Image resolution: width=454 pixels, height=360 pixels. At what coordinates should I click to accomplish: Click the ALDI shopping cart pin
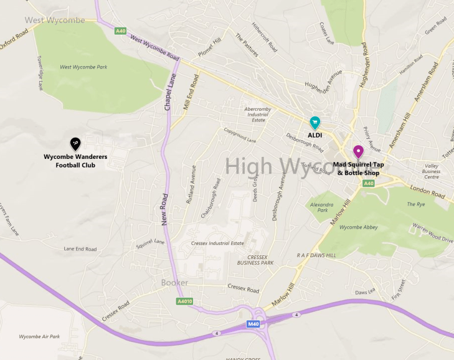[x=315, y=122]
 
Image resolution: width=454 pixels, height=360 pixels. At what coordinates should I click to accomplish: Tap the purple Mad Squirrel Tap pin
[x=358, y=151]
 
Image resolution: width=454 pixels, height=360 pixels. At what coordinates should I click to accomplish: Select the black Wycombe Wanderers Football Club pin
[x=75, y=144]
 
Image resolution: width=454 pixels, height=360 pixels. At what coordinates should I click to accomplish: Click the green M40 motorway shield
[x=253, y=324]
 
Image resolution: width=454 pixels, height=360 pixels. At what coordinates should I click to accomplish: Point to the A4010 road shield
[x=185, y=301]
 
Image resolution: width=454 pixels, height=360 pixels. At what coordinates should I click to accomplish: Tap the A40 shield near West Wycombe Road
[x=120, y=29]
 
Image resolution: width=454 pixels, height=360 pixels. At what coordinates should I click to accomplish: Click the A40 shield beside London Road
[x=369, y=183]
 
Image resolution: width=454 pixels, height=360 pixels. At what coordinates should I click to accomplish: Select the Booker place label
[x=174, y=283]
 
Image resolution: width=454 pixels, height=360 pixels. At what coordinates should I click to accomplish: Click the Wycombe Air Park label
[x=39, y=336]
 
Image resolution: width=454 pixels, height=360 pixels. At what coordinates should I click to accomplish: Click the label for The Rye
[x=415, y=204]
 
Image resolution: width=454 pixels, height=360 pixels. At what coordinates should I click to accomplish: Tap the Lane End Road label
[x=80, y=249]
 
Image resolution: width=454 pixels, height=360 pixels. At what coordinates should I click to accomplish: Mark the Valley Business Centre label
[x=432, y=171]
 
